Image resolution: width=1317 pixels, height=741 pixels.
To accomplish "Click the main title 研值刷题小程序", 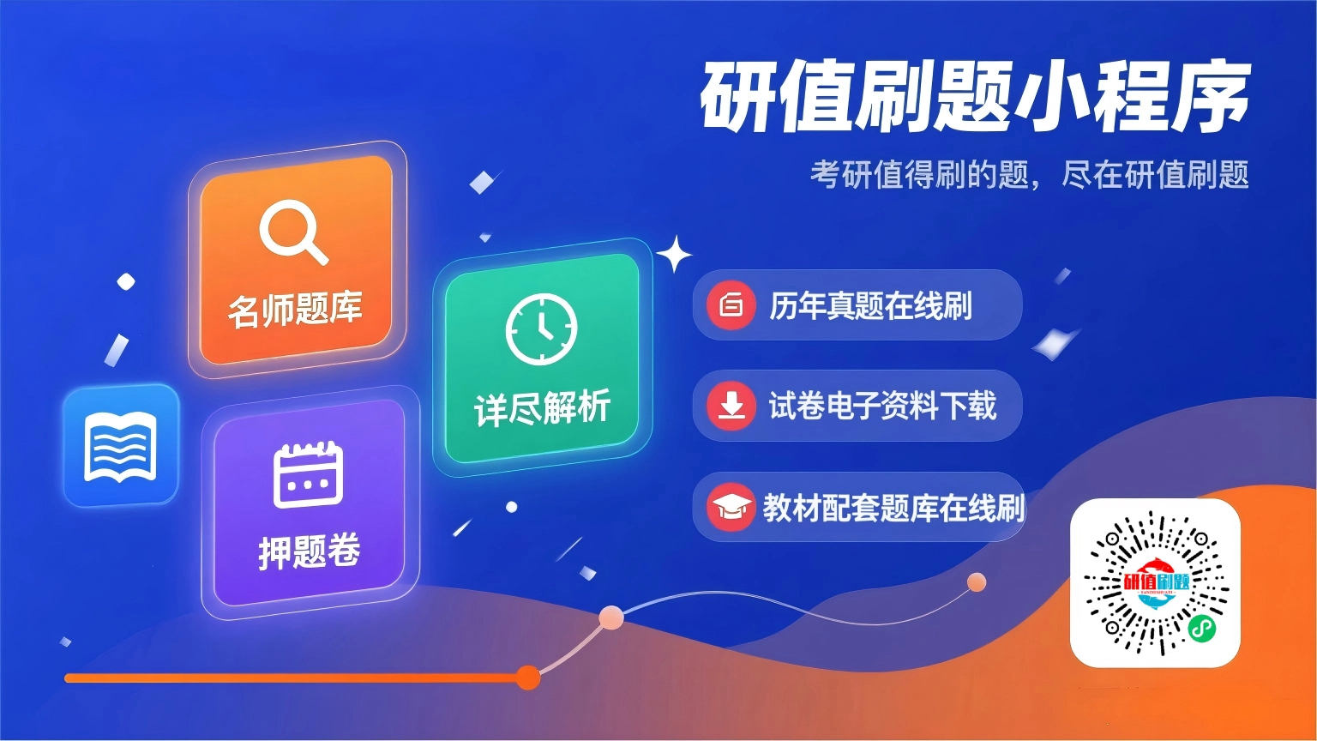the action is [975, 96].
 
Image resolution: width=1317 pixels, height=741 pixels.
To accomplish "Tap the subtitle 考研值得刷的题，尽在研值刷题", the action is [1029, 175].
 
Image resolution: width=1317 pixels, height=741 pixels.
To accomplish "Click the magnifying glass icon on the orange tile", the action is [293, 232].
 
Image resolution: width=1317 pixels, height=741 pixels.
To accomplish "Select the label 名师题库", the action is [295, 310].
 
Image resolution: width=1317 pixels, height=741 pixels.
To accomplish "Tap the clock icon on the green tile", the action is [541, 328].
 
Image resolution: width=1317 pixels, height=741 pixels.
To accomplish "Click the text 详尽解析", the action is [542, 407].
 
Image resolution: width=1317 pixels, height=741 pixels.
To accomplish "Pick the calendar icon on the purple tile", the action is [308, 474].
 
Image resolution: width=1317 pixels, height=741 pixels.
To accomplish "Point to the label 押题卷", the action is [310, 551].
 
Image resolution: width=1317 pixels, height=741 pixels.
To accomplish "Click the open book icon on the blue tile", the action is [121, 446].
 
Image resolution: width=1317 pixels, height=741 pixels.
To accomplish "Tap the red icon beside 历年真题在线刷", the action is [731, 305].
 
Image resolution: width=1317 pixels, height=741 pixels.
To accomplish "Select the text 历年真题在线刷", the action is [870, 306].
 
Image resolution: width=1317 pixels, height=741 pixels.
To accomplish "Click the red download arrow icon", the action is [731, 406].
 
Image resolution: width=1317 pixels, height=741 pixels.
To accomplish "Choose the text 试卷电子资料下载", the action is [882, 406].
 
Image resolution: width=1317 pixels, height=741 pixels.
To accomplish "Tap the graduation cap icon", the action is [731, 507].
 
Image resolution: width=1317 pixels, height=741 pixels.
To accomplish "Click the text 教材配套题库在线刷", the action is [893, 508].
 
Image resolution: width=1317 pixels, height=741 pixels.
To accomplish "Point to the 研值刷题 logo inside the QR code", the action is [1156, 582].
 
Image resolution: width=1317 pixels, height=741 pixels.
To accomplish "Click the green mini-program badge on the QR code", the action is [1202, 630].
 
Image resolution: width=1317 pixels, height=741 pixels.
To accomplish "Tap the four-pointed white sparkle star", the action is [675, 254].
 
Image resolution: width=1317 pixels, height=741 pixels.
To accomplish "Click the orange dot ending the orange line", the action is [528, 678].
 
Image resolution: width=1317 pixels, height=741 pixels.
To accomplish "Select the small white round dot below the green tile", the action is [512, 507].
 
